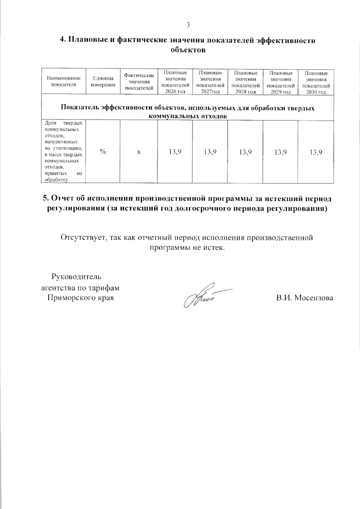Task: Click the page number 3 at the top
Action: pos(188,25)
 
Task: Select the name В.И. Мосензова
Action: pos(304,298)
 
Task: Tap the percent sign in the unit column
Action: pos(103,152)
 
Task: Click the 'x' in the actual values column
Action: pos(139,152)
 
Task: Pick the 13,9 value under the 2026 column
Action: pos(175,152)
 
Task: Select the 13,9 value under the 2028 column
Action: pos(245,152)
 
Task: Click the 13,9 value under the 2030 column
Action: pos(316,152)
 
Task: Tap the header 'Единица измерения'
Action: pos(103,82)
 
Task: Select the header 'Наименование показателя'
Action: pos(64,81)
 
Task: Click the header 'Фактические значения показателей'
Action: pos(139,82)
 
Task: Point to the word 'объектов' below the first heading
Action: pos(188,50)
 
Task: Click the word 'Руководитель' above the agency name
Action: pos(76,276)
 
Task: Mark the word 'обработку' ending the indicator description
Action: pos(56,180)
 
